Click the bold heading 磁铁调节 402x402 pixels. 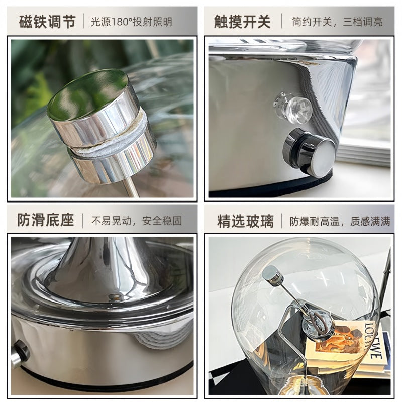[47, 22]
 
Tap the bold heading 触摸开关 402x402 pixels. [242, 22]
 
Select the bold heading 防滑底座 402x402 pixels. [46, 220]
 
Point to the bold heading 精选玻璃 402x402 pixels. [245, 221]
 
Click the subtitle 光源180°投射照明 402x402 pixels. [132, 22]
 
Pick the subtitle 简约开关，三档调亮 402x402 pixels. [337, 22]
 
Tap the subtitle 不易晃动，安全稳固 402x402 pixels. [137, 221]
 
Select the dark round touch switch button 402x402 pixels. [309, 153]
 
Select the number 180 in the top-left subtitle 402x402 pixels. [119, 22]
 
